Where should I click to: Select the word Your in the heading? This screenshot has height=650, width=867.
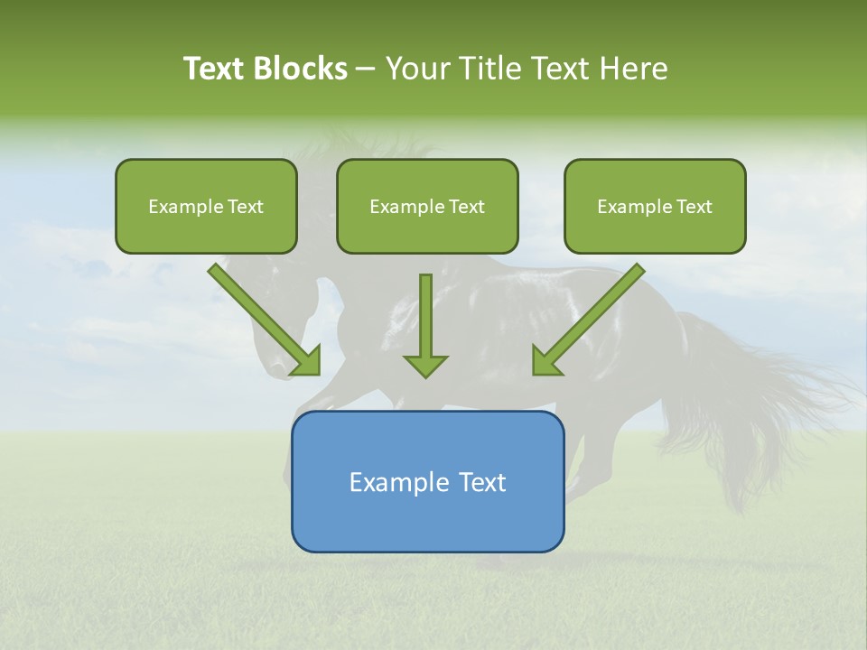[417, 69]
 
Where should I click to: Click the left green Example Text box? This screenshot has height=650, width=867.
[206, 207]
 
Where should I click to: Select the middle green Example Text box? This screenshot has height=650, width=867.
[427, 207]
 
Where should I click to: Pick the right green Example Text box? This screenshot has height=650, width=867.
[655, 207]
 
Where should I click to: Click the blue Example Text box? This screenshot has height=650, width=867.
[427, 482]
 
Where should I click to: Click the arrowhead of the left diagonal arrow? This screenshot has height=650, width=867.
[307, 361]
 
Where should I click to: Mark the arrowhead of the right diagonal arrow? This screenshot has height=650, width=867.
[545, 361]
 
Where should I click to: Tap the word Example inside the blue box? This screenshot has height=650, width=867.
[391, 482]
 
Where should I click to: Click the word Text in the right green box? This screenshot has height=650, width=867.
[695, 207]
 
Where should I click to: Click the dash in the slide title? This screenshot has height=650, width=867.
[366, 69]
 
